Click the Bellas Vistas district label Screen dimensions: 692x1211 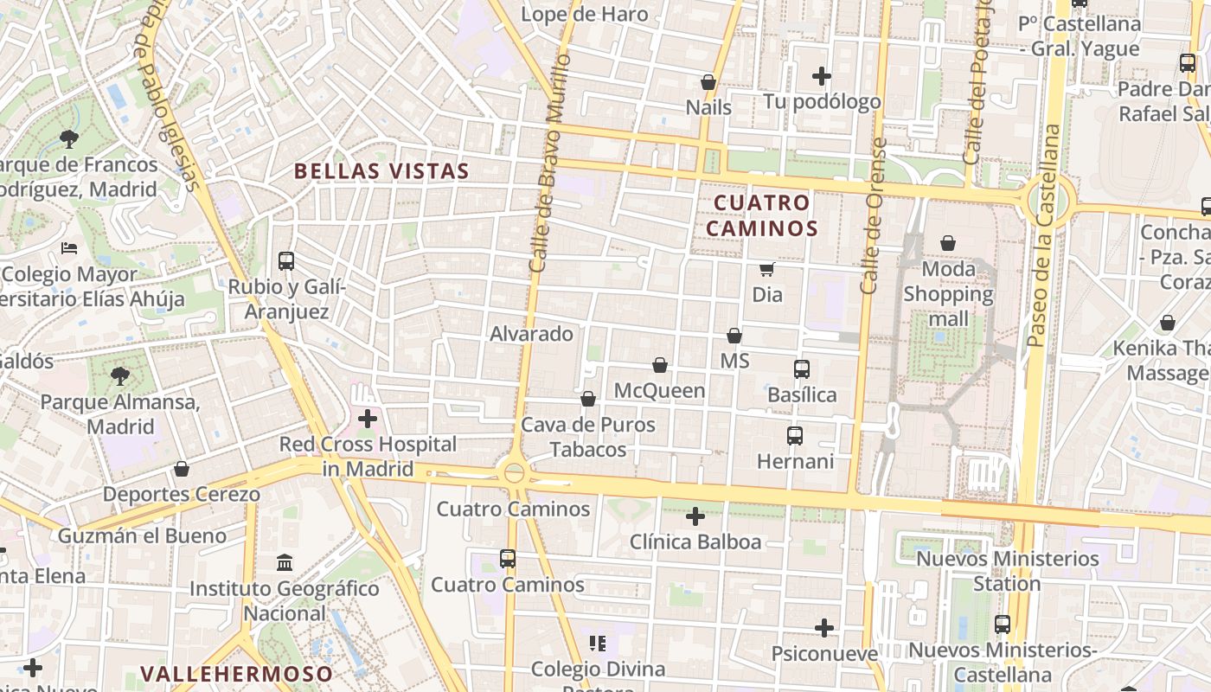(381, 171)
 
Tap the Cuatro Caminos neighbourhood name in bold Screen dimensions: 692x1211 (762, 215)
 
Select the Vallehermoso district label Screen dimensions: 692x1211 (236, 674)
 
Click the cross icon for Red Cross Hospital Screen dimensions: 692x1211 (368, 420)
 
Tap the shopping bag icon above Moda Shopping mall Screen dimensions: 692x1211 (948, 243)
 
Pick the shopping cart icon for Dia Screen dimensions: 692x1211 (766, 269)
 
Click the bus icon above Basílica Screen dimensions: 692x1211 (802, 369)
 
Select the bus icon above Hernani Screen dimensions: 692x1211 (795, 436)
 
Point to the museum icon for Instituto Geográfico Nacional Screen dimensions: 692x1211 (285, 563)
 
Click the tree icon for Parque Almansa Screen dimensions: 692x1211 (120, 376)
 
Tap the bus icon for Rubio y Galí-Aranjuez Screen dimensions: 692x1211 (285, 260)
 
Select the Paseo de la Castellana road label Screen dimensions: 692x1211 (1043, 235)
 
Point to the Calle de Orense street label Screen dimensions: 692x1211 (873, 216)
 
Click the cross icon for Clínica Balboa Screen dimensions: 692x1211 (695, 516)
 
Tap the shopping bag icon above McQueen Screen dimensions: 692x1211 (660, 365)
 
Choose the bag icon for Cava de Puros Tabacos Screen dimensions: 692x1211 (588, 399)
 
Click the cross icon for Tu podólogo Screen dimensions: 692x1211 (822, 76)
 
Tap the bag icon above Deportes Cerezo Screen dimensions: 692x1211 (182, 469)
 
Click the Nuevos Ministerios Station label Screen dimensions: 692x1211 (1008, 571)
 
